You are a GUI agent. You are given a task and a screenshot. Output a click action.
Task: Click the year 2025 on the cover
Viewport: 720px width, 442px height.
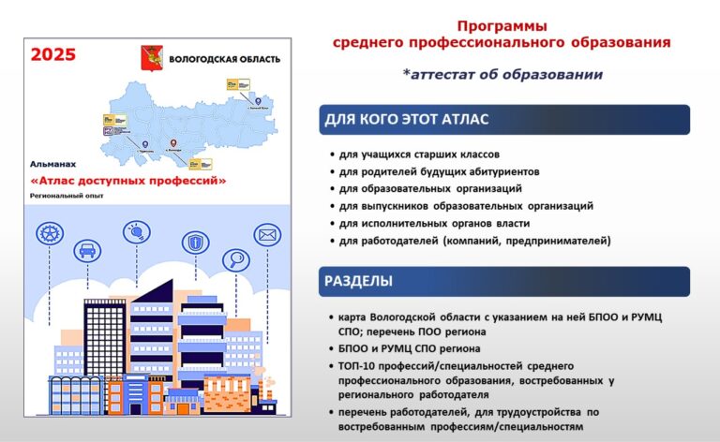pyautogui.click(x=53, y=54)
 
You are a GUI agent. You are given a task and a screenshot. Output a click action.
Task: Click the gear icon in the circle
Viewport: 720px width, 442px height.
pyautogui.click(x=50, y=232)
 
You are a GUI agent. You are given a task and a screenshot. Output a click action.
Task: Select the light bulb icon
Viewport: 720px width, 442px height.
pyautogui.click(x=137, y=231)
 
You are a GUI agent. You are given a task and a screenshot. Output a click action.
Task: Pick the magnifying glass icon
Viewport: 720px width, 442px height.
pyautogui.click(x=235, y=259)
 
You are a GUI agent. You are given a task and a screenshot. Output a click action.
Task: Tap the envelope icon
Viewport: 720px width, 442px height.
pyautogui.click(x=268, y=233)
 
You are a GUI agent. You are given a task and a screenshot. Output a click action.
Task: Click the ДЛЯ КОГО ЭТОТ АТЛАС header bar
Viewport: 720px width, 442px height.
pyautogui.click(x=506, y=120)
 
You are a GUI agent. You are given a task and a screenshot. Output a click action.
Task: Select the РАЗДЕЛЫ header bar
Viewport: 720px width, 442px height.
pyautogui.click(x=506, y=281)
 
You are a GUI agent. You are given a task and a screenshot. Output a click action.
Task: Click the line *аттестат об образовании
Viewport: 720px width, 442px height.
pyautogui.click(x=502, y=74)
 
